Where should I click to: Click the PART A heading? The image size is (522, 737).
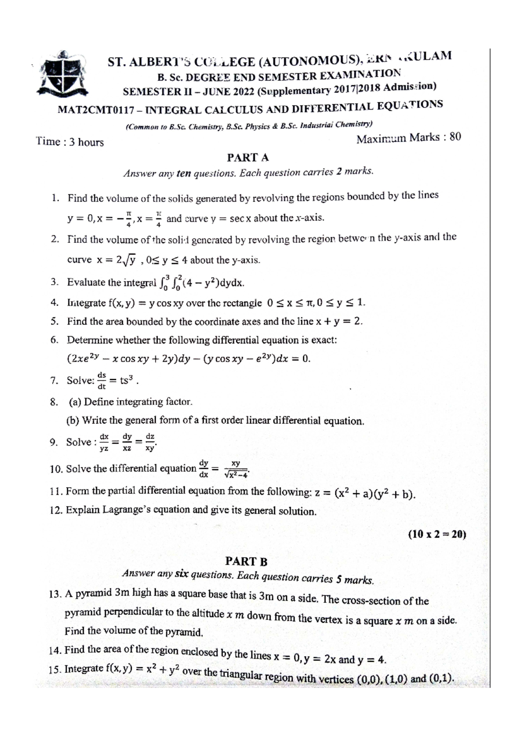click(248, 157)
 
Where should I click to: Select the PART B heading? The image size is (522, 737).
click(246, 561)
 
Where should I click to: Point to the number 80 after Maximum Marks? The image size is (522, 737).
click(455, 137)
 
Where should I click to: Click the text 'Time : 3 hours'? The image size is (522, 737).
click(70, 142)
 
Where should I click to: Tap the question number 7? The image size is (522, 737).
click(54, 381)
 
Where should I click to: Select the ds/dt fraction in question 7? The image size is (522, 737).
click(101, 380)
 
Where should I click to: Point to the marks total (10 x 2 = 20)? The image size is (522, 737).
click(437, 534)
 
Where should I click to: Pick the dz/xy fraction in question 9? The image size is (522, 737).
click(150, 442)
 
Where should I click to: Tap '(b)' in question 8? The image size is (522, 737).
click(73, 420)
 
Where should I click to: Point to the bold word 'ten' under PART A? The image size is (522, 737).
click(184, 173)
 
